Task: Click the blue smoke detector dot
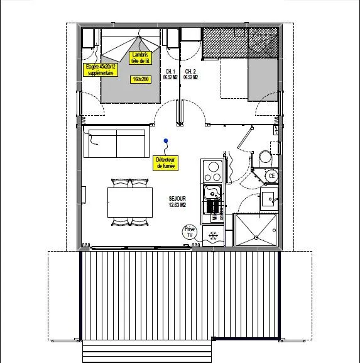coord(165,141)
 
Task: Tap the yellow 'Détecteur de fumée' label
coord(166,163)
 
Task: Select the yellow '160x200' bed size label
coord(139,79)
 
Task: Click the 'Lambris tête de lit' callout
coord(140,58)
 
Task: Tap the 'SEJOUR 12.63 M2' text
coord(178,201)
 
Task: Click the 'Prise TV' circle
coord(190,232)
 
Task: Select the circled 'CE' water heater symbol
coord(271,176)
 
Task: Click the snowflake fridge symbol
coord(213,236)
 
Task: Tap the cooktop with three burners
coord(212,172)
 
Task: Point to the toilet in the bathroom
coord(265,157)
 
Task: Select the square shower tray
coord(256,230)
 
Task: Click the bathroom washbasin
coord(269,200)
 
